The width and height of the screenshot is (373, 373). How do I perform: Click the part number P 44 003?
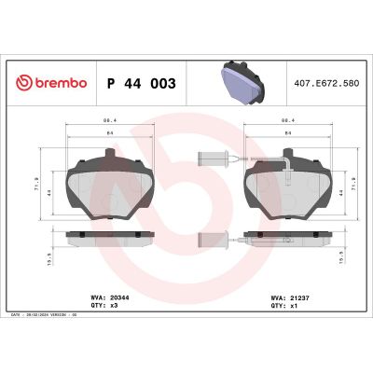tap(142, 84)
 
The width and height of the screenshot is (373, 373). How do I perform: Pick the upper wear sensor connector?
tap(210, 156)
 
